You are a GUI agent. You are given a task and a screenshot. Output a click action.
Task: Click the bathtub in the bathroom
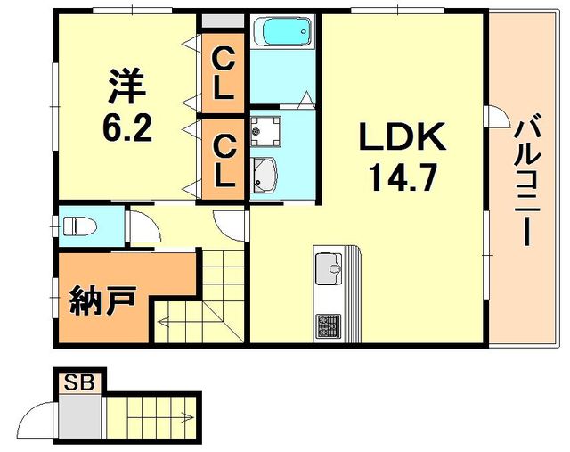[282, 33]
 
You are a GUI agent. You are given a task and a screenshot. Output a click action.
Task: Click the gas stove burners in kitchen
[327, 325]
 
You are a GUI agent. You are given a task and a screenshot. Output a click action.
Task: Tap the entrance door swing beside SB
[40, 415]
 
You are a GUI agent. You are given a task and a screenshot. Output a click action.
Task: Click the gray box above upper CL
[222, 21]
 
